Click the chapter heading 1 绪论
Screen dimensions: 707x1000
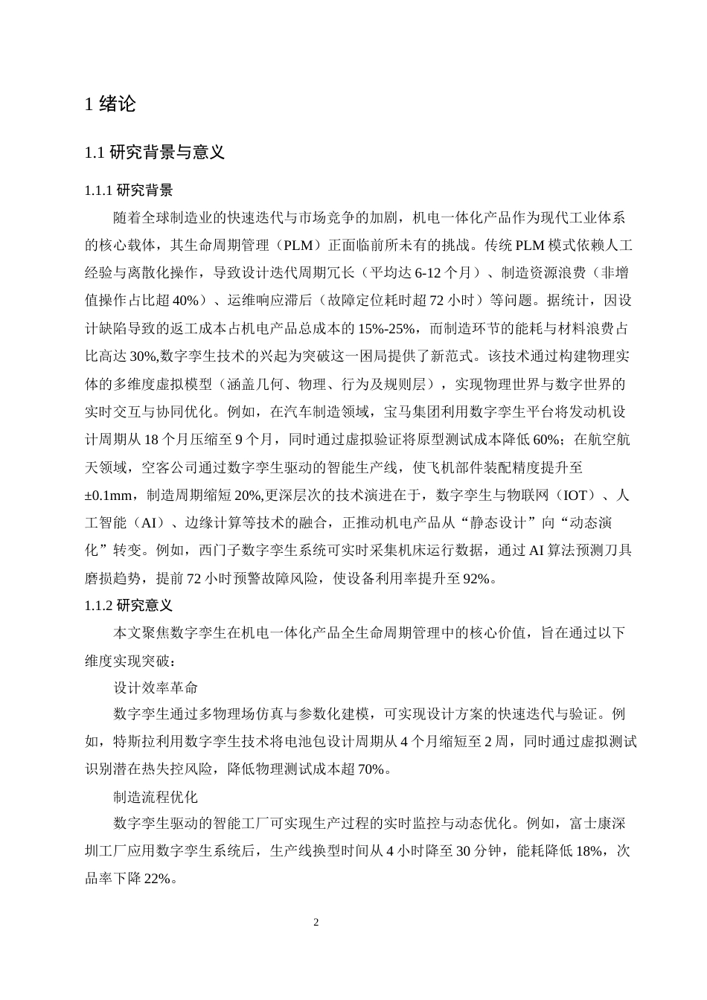click(x=111, y=105)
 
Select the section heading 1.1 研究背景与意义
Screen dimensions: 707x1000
click(x=155, y=153)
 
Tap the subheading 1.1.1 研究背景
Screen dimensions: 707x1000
click(x=129, y=191)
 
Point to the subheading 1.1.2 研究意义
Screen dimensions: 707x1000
click(x=129, y=605)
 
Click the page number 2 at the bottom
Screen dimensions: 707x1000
click(x=316, y=923)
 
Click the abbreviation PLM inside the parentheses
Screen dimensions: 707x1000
click(x=304, y=245)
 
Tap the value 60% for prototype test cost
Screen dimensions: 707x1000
click(x=550, y=439)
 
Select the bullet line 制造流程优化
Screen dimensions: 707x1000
click(x=156, y=797)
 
